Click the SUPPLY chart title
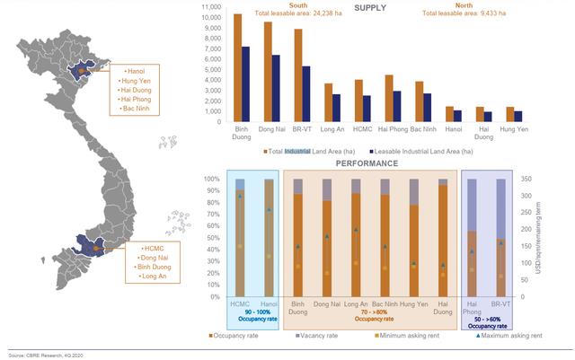tap(370, 8)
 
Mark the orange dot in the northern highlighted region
tap(80, 69)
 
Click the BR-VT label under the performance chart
tap(500, 305)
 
